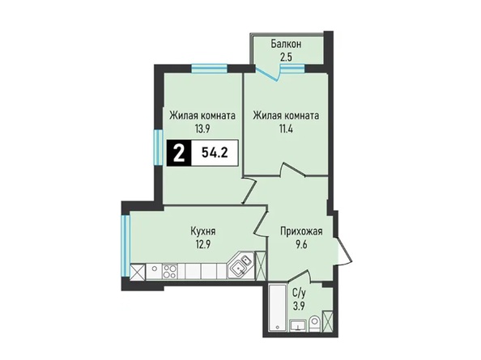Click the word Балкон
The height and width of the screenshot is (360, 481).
tap(286, 44)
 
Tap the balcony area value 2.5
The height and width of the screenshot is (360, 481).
tap(286, 58)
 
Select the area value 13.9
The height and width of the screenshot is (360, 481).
tap(202, 129)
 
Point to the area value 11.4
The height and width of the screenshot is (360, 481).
tap(286, 129)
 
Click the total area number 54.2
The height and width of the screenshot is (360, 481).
tap(215, 153)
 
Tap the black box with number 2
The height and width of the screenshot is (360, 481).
tap(179, 153)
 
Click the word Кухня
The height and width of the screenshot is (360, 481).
tap(203, 231)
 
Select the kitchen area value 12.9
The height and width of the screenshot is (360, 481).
tap(202, 244)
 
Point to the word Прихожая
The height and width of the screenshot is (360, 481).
tap(301, 231)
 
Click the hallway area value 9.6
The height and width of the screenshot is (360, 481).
tap(301, 245)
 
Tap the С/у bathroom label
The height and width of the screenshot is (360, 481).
tap(299, 293)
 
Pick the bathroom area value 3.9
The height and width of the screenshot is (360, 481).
tap(299, 306)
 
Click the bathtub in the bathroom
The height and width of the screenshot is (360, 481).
tap(277, 307)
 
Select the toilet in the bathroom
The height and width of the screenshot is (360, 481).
tap(314, 324)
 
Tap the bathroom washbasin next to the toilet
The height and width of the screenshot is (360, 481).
tap(298, 325)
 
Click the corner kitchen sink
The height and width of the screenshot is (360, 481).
tap(240, 265)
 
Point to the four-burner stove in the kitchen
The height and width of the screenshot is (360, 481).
tap(169, 271)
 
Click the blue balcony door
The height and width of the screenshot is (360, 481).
tap(267, 74)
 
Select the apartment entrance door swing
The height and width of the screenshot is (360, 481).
tap(345, 250)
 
